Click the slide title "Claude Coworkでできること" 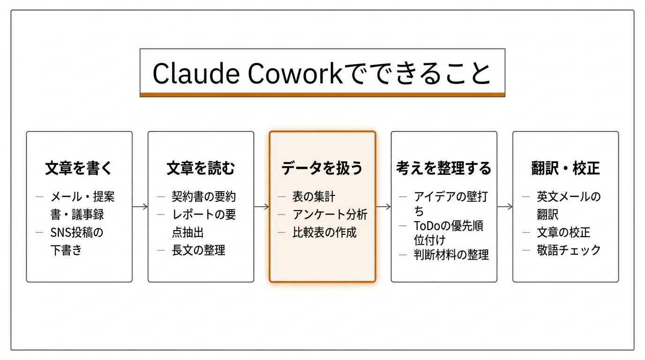[x=322, y=73]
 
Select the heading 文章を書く [x=79, y=168]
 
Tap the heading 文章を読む [x=201, y=168]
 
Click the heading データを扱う [x=322, y=168]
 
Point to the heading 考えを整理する [x=443, y=168]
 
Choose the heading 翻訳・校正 [x=565, y=168]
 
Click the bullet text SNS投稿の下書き [x=76, y=241]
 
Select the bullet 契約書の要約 [x=203, y=197]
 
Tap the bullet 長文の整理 [x=198, y=250]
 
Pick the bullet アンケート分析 [x=330, y=215]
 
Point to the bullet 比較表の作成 [x=324, y=232]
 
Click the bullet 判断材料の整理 [x=451, y=255]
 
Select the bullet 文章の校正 [x=563, y=232]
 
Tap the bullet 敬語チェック [x=569, y=250]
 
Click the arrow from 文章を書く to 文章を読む [x=140, y=207]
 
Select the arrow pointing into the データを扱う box [x=262, y=207]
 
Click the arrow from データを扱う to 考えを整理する [x=383, y=207]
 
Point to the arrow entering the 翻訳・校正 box [x=505, y=207]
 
